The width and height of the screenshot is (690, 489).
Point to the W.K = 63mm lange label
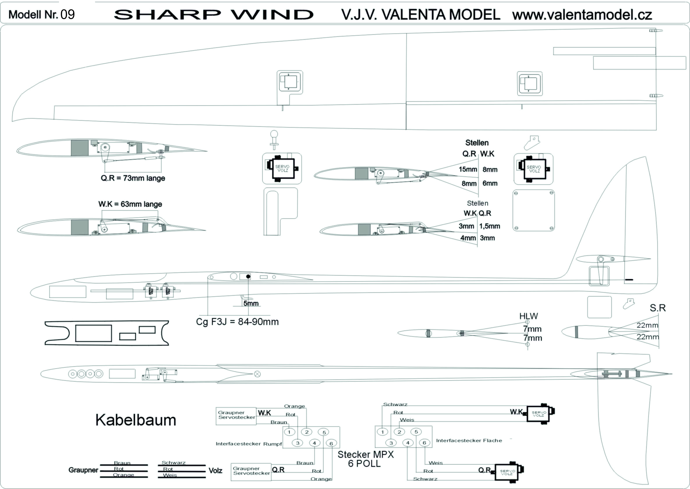pos(130,204)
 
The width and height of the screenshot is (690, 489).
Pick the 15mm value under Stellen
pos(468,169)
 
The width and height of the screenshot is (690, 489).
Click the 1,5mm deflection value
pos(490,226)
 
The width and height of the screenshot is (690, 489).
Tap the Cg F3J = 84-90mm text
pos(237,322)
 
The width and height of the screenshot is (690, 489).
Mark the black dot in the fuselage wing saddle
pos(248,276)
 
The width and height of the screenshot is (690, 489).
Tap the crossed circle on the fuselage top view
pos(257,374)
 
